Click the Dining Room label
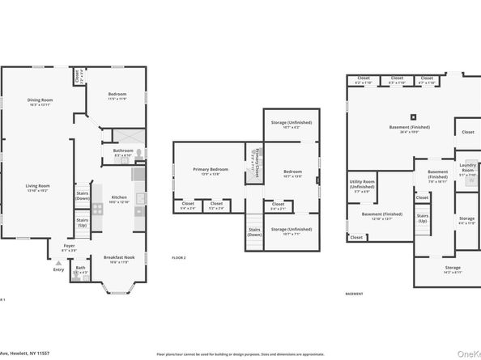[x=39, y=102]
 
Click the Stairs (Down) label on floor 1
[x=83, y=194]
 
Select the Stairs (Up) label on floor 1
[x=83, y=221]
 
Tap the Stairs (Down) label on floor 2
[x=254, y=232]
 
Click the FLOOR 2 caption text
[x=179, y=257]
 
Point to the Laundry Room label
[x=468, y=168]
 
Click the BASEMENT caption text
[x=354, y=294]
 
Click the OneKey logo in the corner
[x=467, y=353]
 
